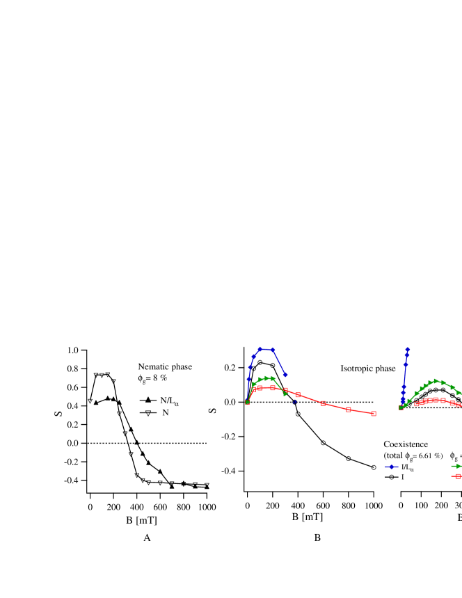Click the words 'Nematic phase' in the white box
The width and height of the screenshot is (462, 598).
[165, 366]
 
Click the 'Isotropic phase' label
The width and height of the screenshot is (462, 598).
[367, 369]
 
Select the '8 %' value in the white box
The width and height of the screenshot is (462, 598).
[160, 378]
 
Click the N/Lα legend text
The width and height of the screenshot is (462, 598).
[169, 401]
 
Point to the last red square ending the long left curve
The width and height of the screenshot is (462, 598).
[374, 414]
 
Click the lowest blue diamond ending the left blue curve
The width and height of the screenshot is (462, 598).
[285, 375]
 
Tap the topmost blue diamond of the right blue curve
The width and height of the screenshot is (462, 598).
[408, 350]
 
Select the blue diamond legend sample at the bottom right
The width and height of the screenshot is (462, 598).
[392, 467]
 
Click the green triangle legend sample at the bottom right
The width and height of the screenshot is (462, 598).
[456, 466]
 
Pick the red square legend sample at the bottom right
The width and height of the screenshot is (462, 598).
[457, 476]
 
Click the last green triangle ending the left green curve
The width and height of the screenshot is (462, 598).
[286, 394]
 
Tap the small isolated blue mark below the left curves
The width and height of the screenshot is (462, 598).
[294, 401]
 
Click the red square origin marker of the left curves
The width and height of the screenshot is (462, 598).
[248, 402]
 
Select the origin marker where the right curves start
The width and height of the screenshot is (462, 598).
[401, 407]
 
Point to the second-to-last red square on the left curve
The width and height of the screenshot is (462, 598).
[349, 410]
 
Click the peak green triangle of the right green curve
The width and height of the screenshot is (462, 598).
[436, 380]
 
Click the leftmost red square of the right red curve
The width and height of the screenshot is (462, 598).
[417, 404]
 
